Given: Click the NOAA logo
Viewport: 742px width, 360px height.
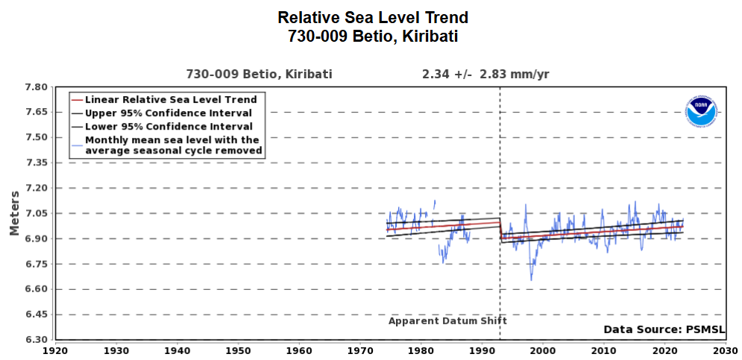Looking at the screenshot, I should tap(700, 112).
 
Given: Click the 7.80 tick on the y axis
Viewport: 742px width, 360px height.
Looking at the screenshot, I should tap(37, 87).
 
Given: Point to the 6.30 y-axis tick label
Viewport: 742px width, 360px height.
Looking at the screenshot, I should tap(37, 340).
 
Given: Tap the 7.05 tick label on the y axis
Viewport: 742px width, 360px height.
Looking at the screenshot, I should tap(37, 214).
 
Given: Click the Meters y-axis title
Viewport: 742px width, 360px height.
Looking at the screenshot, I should tap(14, 213).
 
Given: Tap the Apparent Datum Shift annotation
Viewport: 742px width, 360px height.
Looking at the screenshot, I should tap(447, 320).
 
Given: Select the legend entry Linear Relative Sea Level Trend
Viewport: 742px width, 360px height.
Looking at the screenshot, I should tap(171, 99).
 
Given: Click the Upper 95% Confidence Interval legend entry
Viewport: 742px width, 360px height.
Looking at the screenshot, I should tap(169, 113).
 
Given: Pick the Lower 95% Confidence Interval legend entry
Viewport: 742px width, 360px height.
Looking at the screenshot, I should tap(169, 126).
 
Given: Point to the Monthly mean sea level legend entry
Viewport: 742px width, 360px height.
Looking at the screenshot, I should tap(174, 145).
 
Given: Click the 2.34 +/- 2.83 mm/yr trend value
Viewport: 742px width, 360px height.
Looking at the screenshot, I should tap(485, 74).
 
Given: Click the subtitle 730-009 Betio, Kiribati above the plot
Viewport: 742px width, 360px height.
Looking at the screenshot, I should tap(259, 74).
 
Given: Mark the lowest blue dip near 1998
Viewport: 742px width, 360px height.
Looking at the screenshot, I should tap(531, 280).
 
